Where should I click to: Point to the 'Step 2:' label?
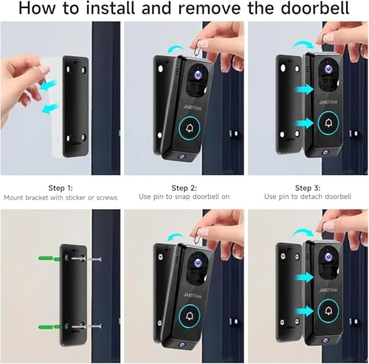184,188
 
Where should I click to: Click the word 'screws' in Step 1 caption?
104,198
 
